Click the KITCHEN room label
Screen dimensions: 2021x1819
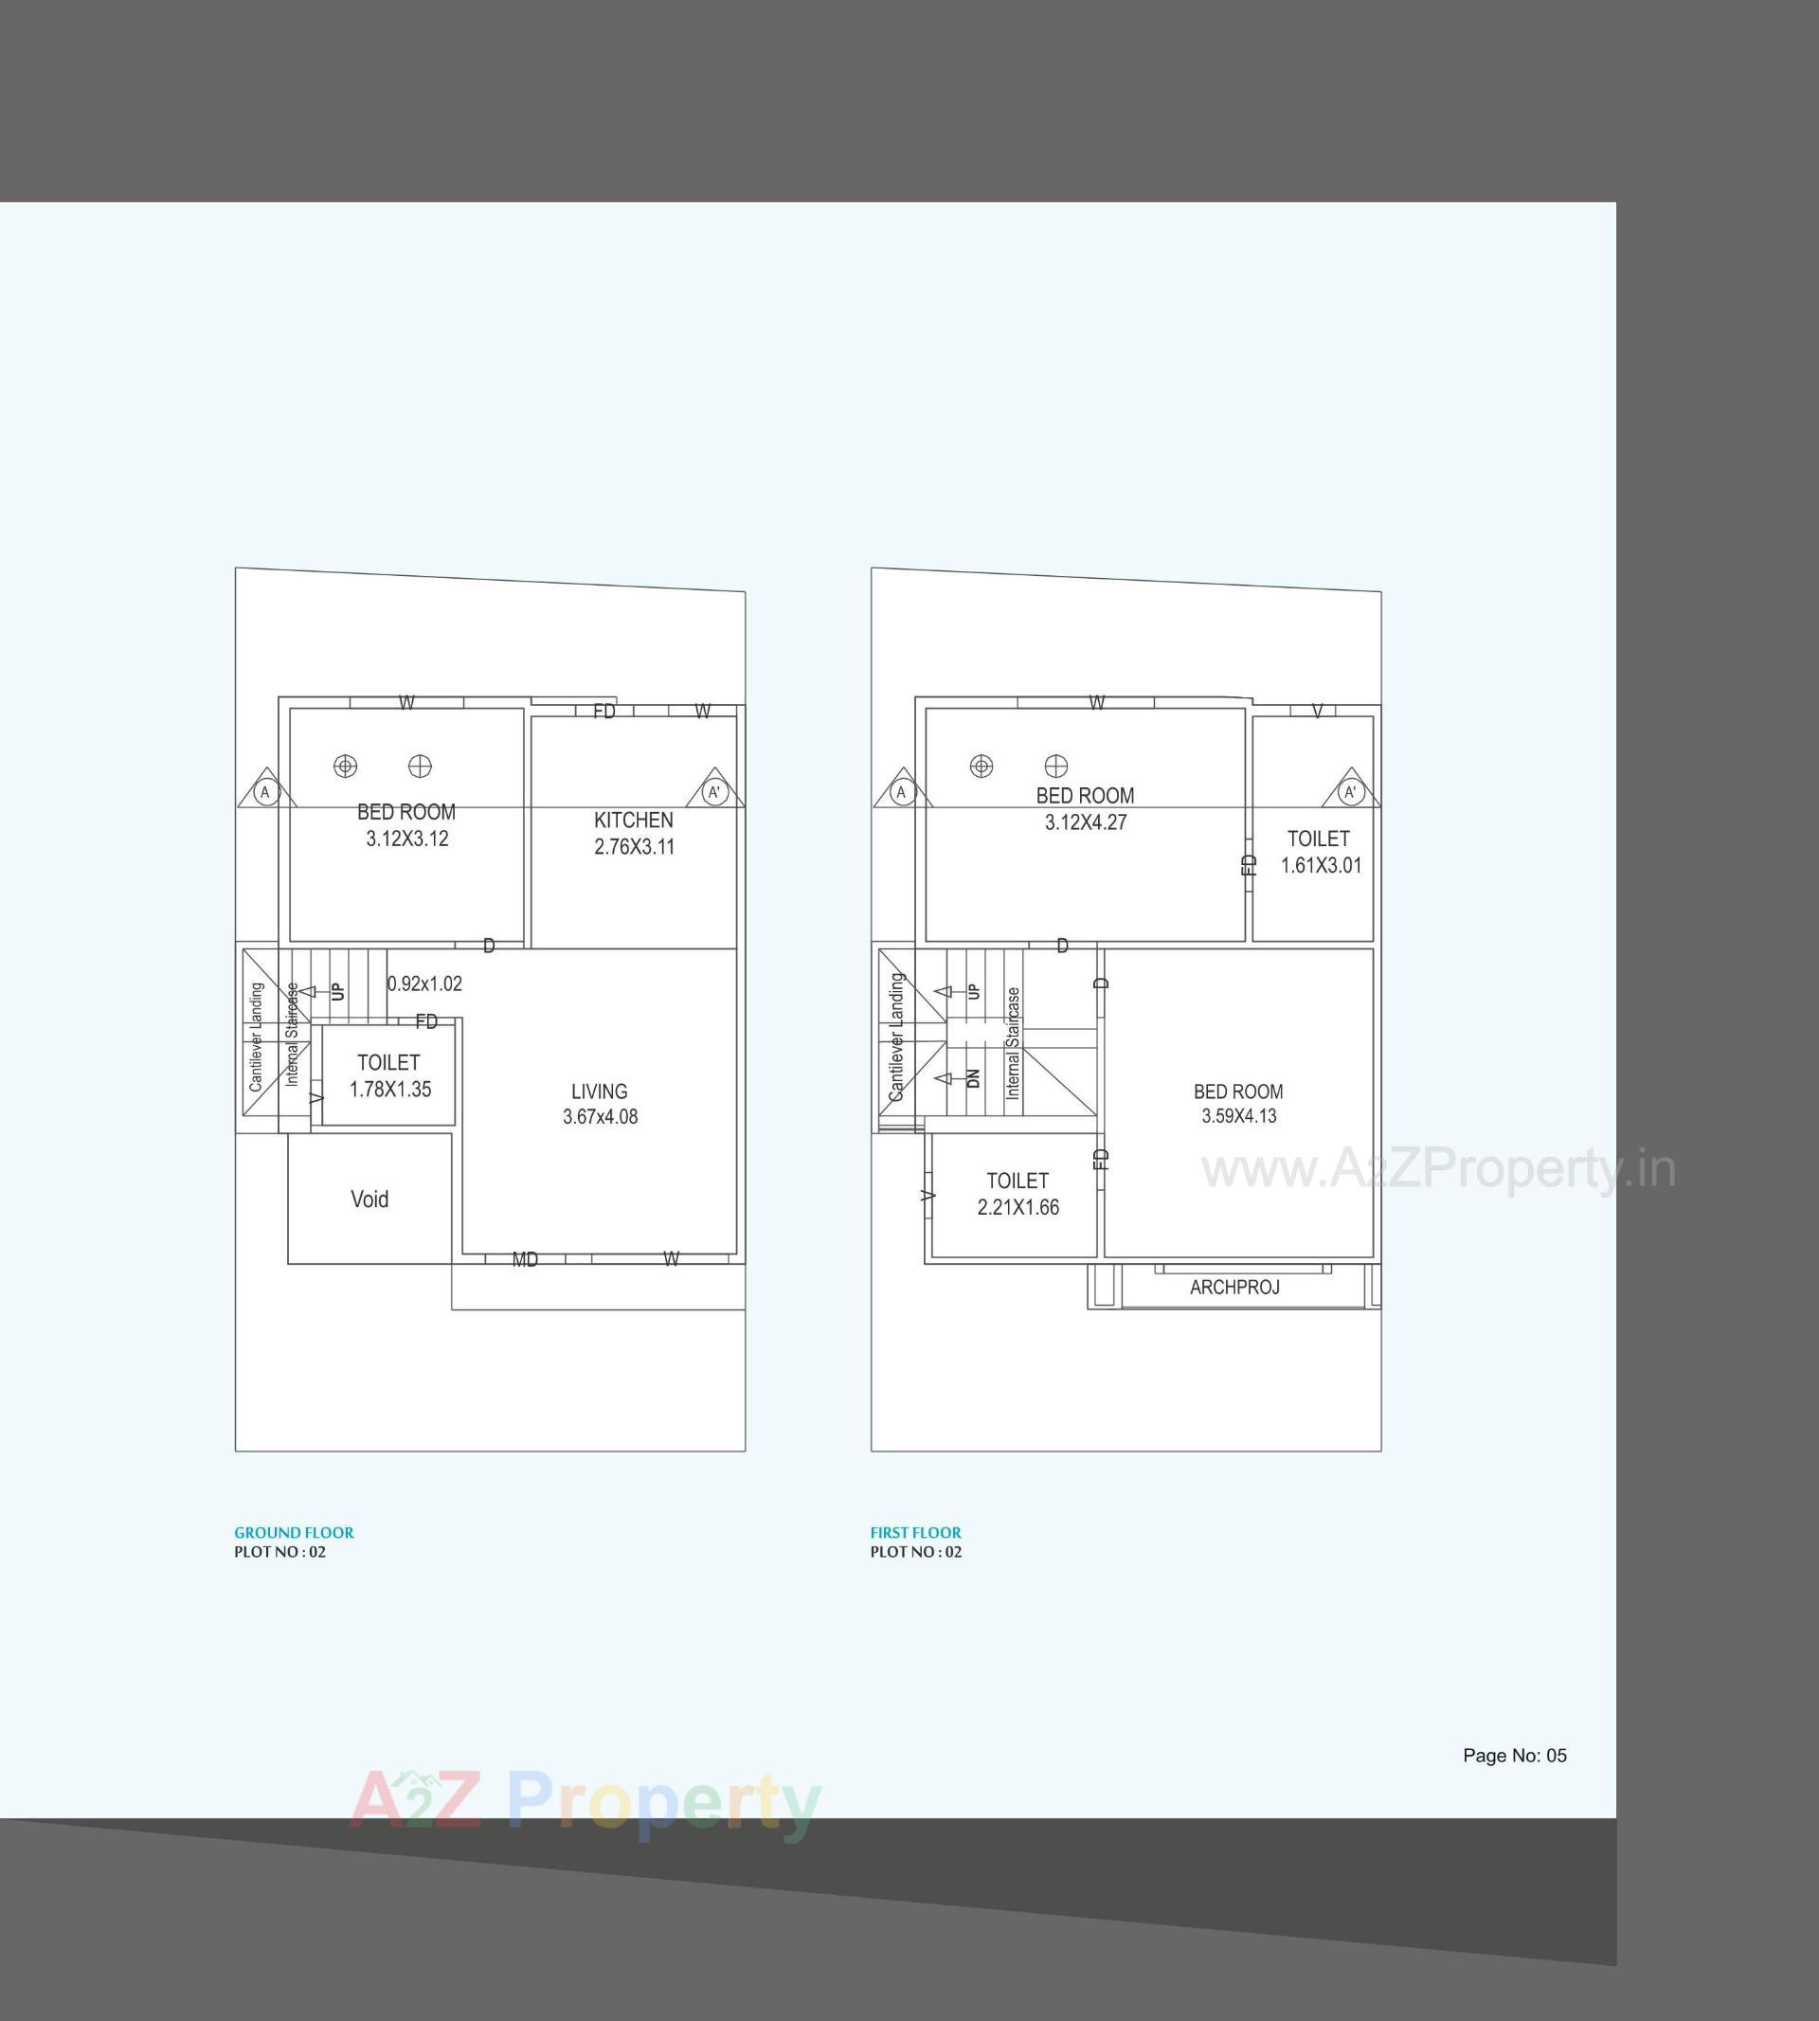coord(633,820)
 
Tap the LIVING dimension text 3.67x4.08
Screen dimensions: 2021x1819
coord(600,1116)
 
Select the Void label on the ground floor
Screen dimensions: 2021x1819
coord(369,1199)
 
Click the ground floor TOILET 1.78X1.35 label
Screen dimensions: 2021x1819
coord(388,1075)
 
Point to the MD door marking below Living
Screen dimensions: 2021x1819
coord(525,1259)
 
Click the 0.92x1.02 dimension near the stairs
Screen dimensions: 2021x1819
coord(424,983)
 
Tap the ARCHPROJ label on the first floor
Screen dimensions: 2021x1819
coord(1234,1288)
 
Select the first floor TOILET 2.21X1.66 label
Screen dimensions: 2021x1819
coord(1018,1194)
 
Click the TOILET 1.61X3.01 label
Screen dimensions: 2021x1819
coord(1320,852)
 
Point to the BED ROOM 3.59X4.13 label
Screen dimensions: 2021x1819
coord(1238,1104)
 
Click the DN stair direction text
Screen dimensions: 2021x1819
coord(974,1078)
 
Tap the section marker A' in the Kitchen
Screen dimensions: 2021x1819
coord(713,793)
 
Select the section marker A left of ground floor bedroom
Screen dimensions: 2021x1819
coord(265,793)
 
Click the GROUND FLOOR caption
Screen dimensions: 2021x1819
coord(294,1532)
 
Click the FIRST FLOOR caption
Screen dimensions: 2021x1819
coord(915,1532)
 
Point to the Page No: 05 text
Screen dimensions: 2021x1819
coord(1514,1755)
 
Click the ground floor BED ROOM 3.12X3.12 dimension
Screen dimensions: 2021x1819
coord(406,839)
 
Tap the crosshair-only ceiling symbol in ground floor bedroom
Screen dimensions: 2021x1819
coord(420,767)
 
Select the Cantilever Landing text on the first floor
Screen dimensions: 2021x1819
coord(896,1037)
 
